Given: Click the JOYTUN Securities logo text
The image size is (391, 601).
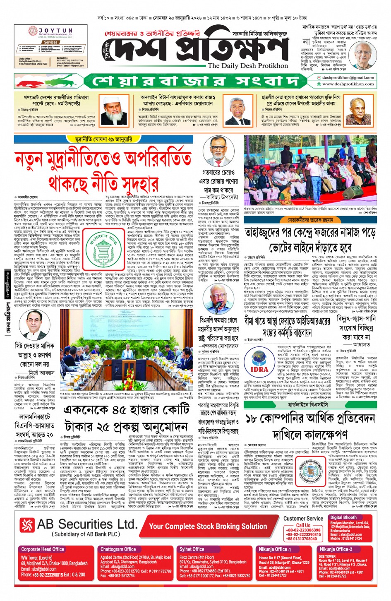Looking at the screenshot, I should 55,31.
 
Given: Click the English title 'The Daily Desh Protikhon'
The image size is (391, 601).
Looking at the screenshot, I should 248,66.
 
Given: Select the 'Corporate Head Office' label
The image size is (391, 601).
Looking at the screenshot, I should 43,549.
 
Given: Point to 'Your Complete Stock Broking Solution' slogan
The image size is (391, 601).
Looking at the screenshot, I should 208,526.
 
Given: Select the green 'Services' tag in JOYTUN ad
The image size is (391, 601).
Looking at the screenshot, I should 50,42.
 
